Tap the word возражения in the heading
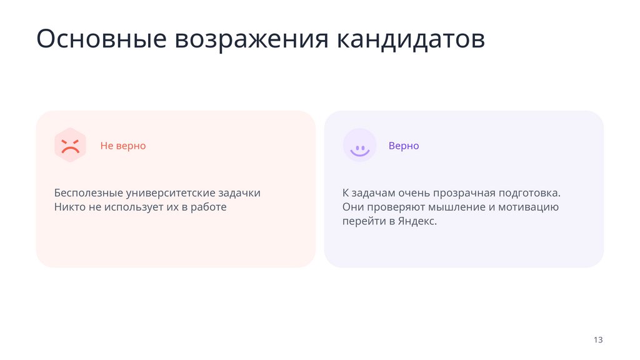251,39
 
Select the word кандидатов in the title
411,39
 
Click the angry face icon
70,146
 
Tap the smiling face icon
359,146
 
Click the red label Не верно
123,146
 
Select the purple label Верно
404,146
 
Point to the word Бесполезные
88,192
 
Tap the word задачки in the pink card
239,192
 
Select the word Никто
69,207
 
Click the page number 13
598,340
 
